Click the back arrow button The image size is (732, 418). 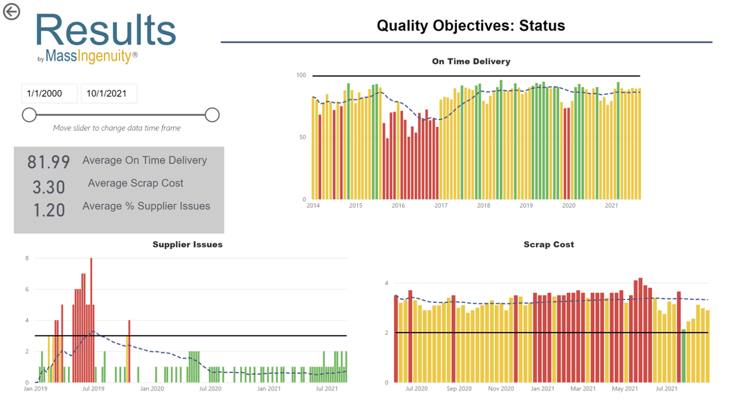12,12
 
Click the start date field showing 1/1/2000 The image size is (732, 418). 49,93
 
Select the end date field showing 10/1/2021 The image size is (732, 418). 108,93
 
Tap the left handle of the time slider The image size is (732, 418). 29,115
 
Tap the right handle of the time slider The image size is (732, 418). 212,115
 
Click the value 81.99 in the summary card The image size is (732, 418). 49,162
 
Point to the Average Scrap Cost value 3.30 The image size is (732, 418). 49,187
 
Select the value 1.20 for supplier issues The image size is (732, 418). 49,210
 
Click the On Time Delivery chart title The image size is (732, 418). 471,61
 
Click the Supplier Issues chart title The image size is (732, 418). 187,244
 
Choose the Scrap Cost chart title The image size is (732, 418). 549,244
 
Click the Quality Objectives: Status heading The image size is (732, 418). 470,26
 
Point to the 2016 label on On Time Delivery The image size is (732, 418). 398,206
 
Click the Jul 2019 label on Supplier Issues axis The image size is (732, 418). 93,388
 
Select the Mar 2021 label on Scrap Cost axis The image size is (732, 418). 583,388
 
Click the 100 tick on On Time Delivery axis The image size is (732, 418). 301,75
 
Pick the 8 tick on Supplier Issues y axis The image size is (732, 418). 27,258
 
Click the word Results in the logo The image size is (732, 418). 106,30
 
